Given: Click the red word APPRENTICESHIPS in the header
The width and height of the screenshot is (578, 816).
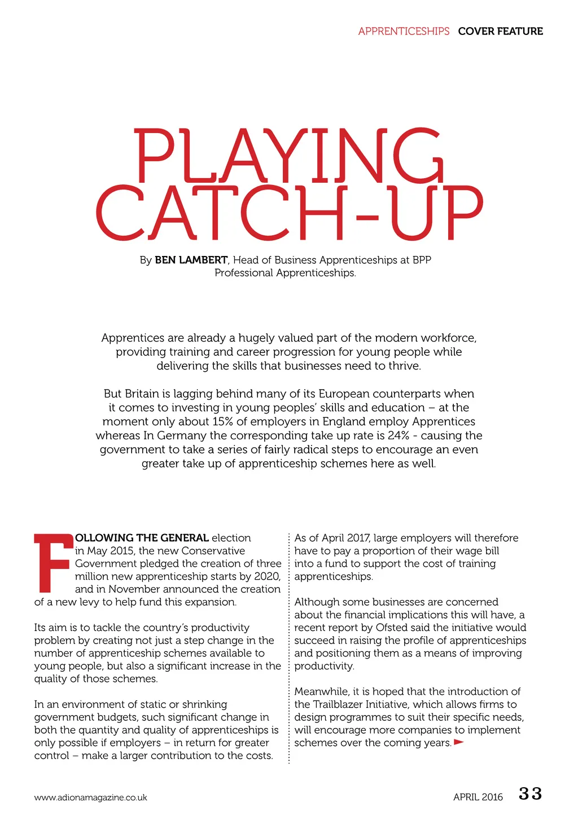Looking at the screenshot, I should (404, 31).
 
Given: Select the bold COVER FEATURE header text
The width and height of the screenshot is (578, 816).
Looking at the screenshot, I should (500, 31).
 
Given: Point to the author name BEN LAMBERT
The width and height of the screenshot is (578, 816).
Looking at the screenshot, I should (191, 260).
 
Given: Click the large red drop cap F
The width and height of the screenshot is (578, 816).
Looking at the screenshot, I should (53, 562).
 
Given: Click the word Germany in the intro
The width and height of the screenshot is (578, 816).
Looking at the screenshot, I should (182, 435).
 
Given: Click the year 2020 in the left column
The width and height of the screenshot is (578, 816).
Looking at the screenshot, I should (267, 576).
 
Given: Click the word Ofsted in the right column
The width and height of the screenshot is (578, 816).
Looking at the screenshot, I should (394, 628).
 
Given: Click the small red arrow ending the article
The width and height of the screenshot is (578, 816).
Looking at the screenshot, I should (459, 742).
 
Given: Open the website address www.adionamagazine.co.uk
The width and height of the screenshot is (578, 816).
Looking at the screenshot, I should (90, 797).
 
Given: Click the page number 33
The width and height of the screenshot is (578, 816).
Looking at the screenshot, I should (530, 794).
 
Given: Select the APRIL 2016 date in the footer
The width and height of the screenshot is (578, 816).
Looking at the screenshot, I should (478, 797).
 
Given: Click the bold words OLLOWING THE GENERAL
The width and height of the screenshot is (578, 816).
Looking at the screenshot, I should (142, 538).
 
